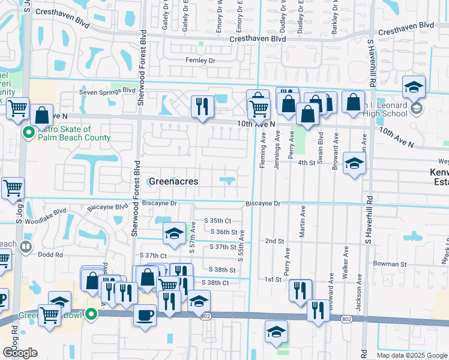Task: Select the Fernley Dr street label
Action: point(200,61)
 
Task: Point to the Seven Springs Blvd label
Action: point(108,91)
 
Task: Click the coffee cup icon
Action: point(145,314)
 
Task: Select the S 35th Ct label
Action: point(217,220)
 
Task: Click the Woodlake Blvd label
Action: point(51,212)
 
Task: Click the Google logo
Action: point(20,353)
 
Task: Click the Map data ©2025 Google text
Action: point(411,355)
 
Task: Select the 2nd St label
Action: point(274,241)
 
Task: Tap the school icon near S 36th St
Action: point(174,234)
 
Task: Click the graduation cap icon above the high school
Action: point(414,87)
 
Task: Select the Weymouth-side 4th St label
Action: point(306,162)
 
